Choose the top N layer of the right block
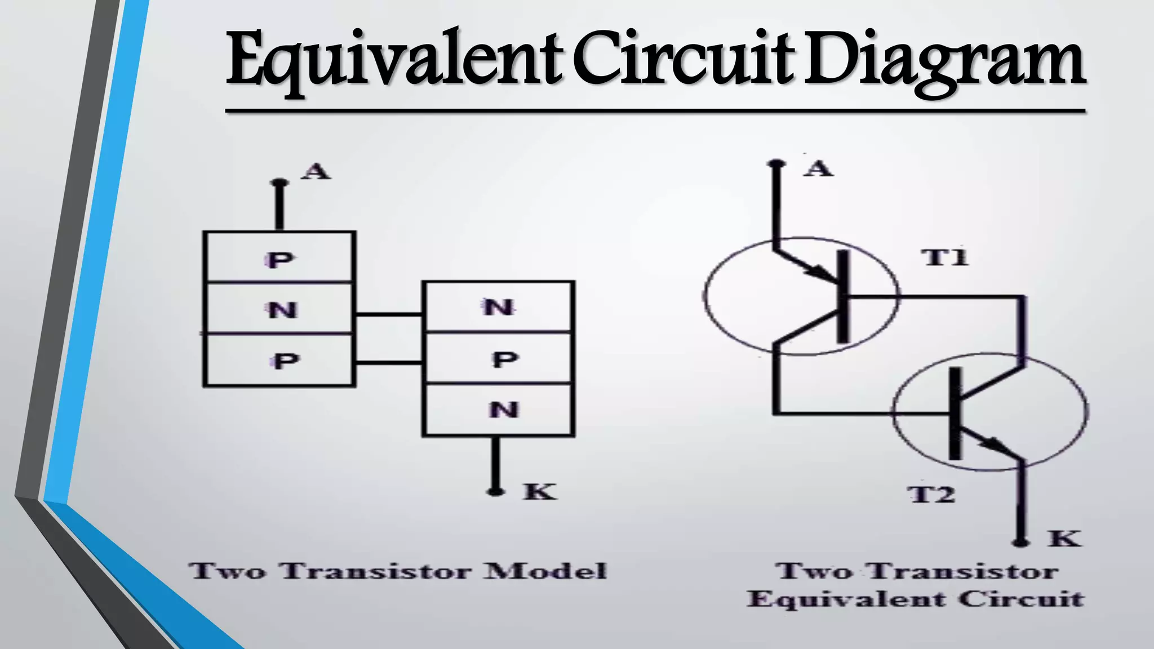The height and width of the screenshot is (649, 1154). point(499,308)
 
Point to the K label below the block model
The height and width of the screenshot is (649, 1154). point(539,492)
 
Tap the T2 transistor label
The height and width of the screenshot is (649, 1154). point(933,495)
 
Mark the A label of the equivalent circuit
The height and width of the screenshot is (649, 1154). point(818,168)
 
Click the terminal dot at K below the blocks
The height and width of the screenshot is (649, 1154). point(495,492)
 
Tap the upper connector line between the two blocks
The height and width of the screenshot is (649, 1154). point(389,314)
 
